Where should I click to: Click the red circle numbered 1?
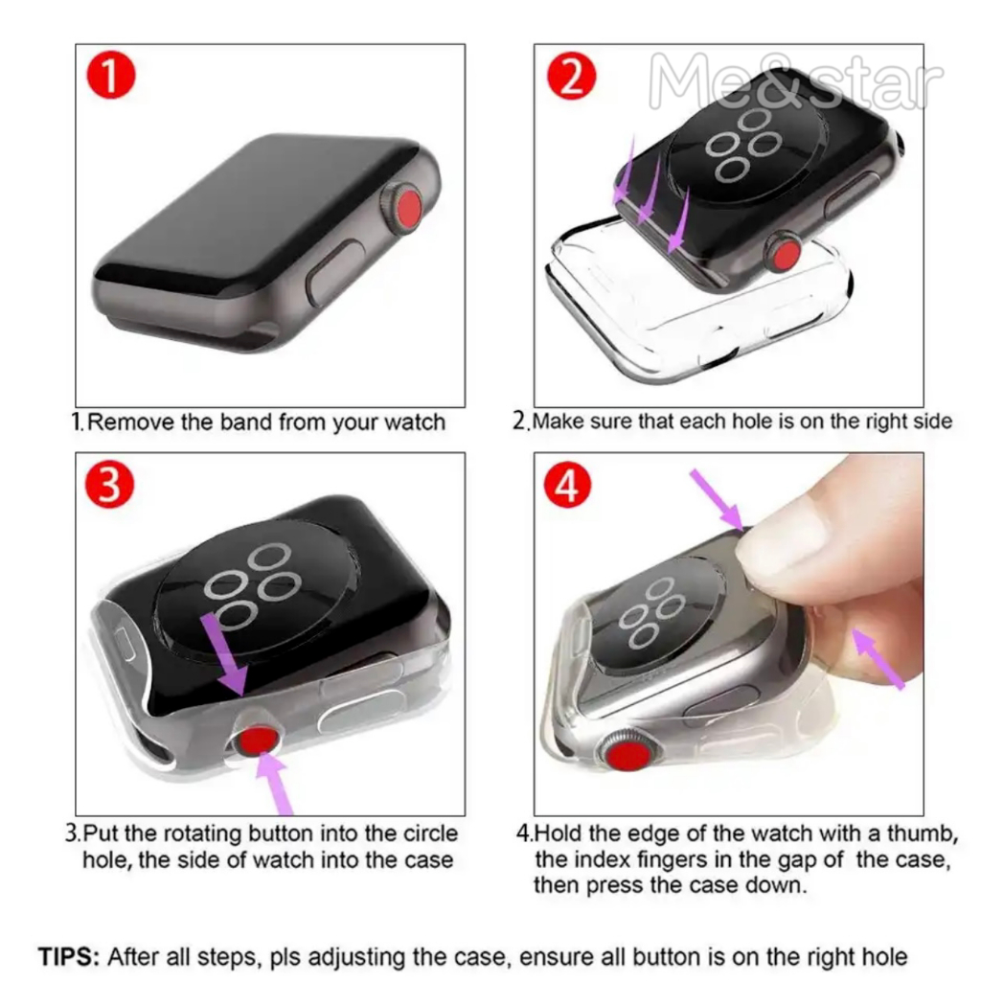pos(111,75)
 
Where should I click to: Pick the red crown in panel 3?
pos(258,741)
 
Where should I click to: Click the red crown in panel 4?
pos(628,752)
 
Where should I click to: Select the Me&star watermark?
pos(796,81)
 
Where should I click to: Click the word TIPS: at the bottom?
pos(69,957)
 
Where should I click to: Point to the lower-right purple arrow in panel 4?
pos(878,659)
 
